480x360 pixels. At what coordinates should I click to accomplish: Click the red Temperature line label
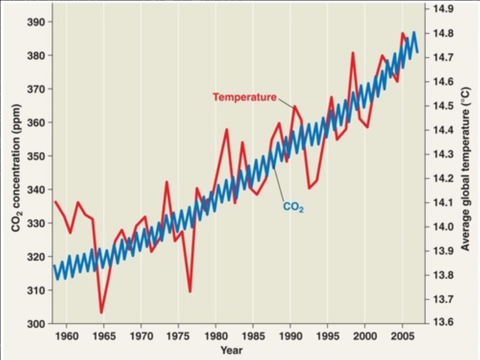244,97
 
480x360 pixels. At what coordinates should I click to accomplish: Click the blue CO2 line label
293,207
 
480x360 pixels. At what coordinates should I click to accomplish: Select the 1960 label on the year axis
66,335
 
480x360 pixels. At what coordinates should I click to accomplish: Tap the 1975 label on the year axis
178,335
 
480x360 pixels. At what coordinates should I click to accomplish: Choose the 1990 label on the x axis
290,335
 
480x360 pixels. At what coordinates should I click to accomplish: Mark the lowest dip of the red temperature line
101,313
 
